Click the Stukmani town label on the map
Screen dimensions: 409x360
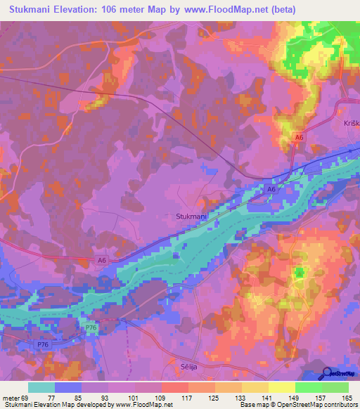(191, 218)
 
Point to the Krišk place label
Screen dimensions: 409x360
(352, 123)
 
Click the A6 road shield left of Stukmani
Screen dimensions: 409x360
(103, 260)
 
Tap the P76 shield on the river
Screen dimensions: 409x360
(91, 327)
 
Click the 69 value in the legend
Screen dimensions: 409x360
(27, 398)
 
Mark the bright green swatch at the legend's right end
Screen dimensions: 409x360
(335, 387)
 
